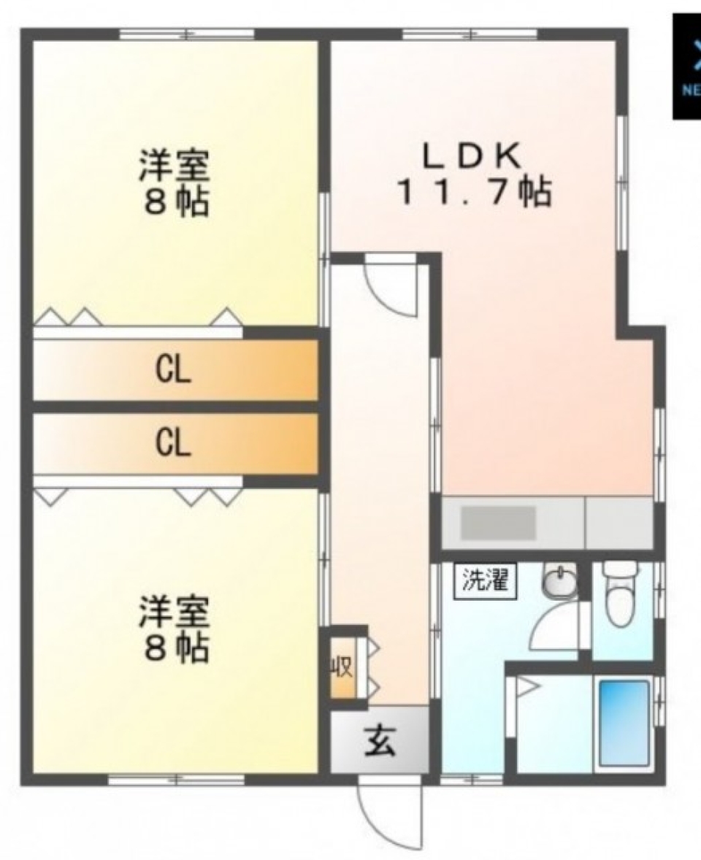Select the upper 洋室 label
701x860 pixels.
point(175,167)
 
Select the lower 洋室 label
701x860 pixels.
point(175,612)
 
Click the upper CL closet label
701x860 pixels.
point(173,371)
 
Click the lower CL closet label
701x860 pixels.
point(173,442)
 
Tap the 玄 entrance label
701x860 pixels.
point(380,743)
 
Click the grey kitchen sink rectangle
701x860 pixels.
point(498,523)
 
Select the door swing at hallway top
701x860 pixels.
point(390,286)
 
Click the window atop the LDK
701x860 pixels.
point(470,34)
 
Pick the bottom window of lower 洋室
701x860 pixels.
point(176,780)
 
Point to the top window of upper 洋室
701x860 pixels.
point(187,34)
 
